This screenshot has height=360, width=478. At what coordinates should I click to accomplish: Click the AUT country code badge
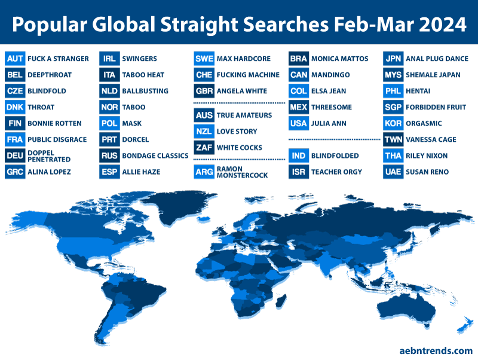[x=15, y=59]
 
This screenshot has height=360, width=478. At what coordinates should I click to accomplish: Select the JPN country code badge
[x=393, y=59]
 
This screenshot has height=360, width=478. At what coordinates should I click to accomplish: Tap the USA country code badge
[x=299, y=123]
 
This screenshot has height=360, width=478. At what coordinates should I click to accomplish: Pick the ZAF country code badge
[x=204, y=148]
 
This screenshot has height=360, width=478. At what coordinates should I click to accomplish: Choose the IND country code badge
[x=299, y=155]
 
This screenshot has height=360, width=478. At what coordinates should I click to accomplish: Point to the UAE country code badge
[x=393, y=172]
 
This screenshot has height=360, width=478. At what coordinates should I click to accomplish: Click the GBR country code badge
[x=204, y=91]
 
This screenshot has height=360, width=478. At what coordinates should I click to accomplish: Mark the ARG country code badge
[x=204, y=172]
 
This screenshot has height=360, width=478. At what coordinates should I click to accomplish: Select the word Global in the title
[x=125, y=25]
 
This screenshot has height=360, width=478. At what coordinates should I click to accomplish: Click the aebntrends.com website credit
[x=436, y=351]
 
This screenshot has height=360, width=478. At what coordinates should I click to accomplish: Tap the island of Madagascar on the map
[x=281, y=301]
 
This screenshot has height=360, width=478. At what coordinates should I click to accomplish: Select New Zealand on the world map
[x=464, y=325]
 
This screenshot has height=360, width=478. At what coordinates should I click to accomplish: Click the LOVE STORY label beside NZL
[x=237, y=132]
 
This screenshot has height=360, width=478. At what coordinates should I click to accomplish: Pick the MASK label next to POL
[x=131, y=123]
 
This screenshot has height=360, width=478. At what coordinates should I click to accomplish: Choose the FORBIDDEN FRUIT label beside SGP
[x=436, y=107]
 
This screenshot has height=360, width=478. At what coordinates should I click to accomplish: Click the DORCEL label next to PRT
[x=136, y=139]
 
